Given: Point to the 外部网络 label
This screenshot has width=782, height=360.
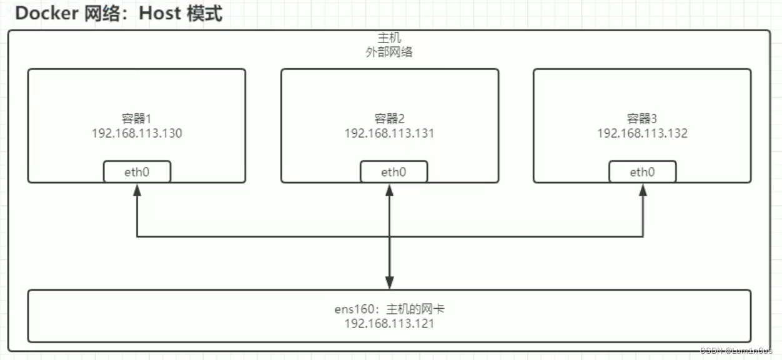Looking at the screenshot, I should [x=389, y=52].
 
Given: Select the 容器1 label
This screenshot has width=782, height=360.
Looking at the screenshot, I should [x=137, y=119].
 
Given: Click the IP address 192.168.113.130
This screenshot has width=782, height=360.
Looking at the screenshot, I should [x=137, y=133].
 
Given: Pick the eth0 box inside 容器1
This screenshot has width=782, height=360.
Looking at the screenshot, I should [x=137, y=172].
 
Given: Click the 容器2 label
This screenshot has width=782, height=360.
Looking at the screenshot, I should [x=389, y=119].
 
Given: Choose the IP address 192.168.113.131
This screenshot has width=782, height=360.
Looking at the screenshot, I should [x=389, y=133].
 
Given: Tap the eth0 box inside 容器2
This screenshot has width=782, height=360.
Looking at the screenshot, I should [x=393, y=172].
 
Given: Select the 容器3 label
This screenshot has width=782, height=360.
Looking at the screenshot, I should [x=642, y=119].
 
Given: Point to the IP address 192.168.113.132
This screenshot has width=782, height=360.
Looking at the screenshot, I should [x=642, y=133].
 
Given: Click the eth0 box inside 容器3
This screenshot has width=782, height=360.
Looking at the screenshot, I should [x=642, y=172].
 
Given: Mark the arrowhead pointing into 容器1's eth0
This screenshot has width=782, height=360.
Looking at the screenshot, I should [x=137, y=188].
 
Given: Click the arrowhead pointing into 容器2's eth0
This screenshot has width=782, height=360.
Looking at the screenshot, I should [x=390, y=188].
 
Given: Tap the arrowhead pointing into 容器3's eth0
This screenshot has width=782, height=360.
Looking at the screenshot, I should [x=643, y=188].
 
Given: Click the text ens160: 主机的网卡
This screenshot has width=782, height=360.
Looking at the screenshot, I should [x=389, y=309].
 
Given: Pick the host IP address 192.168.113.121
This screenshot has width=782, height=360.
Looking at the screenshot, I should [x=389, y=324].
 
